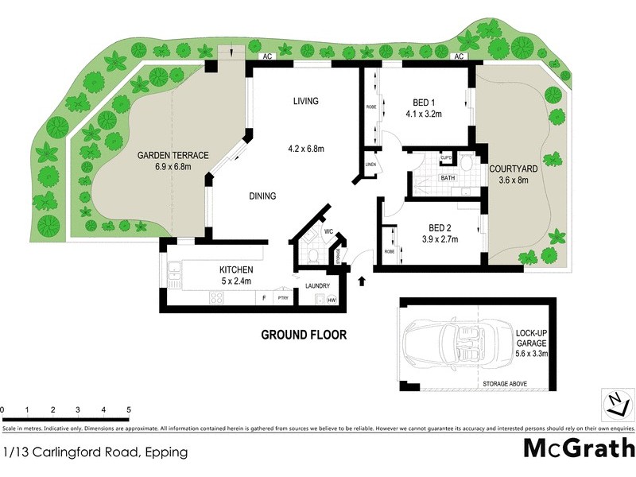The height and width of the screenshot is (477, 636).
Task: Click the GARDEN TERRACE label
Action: (173, 156)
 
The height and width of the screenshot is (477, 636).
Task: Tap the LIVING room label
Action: (305, 101)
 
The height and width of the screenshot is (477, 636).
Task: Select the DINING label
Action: (262, 196)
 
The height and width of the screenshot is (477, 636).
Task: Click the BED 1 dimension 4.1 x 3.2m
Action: (421, 114)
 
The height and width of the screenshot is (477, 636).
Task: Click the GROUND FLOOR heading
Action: (304, 335)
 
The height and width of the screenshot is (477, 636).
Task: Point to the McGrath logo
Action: (579, 448)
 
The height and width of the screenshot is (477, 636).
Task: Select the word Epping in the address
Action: (166, 452)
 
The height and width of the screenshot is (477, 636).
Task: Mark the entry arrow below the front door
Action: (363, 281)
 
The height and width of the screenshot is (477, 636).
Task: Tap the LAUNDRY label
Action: (307, 286)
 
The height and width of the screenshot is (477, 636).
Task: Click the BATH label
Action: (448, 178)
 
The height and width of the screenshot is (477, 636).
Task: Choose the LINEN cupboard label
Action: (370, 165)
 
